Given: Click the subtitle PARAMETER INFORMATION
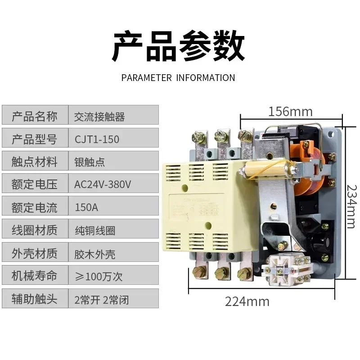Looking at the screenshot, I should point(178,77).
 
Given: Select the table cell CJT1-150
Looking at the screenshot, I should point(97,139).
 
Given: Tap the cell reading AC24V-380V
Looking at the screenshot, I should point(103,184).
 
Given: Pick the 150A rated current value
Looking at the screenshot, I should point(84,207).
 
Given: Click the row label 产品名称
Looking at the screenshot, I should point(35,117).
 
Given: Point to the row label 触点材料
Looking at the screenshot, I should point(35,162).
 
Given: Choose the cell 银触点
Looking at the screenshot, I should point(90,162).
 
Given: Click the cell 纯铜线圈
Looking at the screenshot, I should point(94,230).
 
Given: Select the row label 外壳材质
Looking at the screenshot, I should point(35,253).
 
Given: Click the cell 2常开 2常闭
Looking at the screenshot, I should point(101,299).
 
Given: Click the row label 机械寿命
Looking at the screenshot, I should point(35,276).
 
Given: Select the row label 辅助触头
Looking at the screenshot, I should point(35,299).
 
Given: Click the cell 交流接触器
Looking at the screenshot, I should point(99,117).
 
